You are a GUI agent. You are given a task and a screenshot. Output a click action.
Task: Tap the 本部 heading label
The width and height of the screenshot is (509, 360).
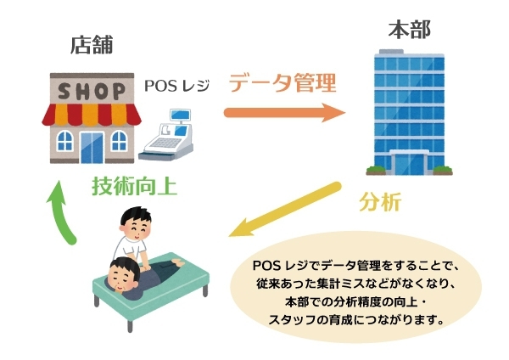point(409,31)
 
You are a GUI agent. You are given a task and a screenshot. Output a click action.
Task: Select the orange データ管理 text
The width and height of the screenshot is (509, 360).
point(282,82)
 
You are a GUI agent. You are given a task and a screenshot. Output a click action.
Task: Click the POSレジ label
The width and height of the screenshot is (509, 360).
point(176,86)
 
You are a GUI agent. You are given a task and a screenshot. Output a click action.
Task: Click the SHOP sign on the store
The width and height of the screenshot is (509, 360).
point(92,89)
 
